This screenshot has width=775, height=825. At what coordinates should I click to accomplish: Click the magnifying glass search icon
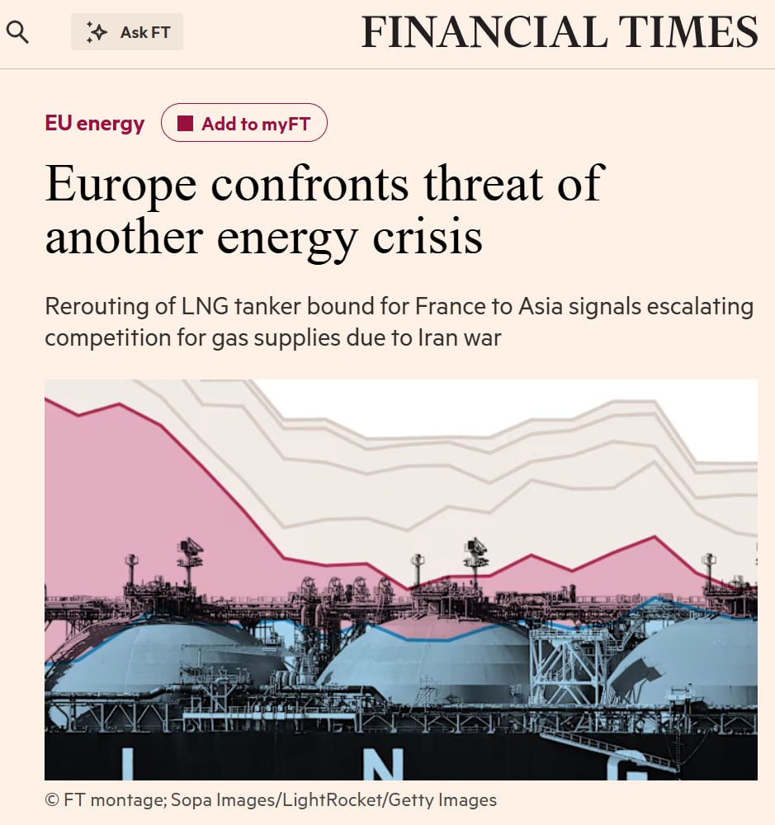[x=17, y=33]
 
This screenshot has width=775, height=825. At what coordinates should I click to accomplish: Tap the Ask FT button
[x=127, y=32]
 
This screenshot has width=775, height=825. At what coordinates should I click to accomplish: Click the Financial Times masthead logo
[x=560, y=33]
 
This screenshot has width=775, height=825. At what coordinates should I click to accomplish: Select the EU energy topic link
[x=94, y=124]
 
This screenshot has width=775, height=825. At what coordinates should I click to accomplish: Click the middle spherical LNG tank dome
[x=423, y=656]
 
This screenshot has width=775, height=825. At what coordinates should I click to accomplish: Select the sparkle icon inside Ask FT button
[x=97, y=32]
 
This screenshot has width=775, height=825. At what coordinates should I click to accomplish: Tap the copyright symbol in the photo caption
[x=52, y=799]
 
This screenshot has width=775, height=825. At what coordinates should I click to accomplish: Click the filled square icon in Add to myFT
[x=186, y=124]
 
